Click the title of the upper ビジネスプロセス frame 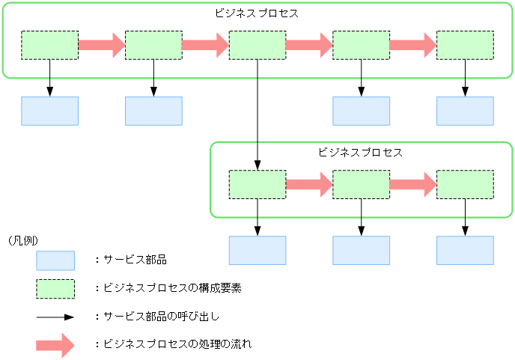tap(257, 13)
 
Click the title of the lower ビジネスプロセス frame tap(361, 152)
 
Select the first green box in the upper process tap(49, 45)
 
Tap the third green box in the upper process tap(257, 45)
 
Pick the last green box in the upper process tap(465, 45)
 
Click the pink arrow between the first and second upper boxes tap(101, 45)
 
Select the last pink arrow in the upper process tap(412, 45)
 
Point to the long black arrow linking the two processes tap(257, 112)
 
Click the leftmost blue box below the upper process tap(49, 111)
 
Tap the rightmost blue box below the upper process tap(465, 111)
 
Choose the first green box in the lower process tap(257, 184)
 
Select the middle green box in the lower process tap(361, 184)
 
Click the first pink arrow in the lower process tap(308, 184)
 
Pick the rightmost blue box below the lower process tap(465, 250)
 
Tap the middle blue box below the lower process tap(361, 250)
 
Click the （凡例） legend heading tap(22, 240)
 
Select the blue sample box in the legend tap(55, 260)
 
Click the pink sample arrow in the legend tap(55, 344)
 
